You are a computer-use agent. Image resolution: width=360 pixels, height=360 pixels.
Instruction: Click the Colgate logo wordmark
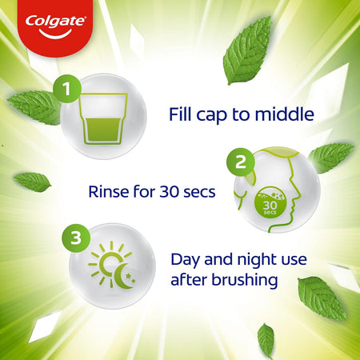point(55,22)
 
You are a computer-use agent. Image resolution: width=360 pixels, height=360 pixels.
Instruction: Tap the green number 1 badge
point(67,89)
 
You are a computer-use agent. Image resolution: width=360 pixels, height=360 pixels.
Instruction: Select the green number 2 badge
point(241,162)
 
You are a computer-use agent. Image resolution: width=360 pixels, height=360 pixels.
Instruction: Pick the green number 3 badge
point(76,238)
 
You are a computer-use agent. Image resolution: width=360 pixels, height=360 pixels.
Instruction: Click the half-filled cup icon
point(103,118)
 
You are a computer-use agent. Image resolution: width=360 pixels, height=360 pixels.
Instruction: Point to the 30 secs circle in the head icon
point(270,202)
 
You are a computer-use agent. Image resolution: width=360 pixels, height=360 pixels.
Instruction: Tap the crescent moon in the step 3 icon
point(123,276)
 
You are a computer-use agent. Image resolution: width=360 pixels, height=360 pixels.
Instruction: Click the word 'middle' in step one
point(284,114)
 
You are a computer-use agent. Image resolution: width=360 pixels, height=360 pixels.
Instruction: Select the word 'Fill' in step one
point(180,114)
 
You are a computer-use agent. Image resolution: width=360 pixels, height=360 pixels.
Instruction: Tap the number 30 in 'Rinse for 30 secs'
point(169,192)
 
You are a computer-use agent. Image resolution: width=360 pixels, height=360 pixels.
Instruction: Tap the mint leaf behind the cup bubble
point(35,106)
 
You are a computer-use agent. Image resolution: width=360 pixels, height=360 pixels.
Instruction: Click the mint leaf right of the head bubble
point(330,157)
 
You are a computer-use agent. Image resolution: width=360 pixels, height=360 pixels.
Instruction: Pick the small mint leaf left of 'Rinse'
point(32,182)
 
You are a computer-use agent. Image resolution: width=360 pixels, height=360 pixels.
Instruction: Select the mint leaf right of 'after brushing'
point(322,298)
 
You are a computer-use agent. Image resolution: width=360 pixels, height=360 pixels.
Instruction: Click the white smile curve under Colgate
point(55,34)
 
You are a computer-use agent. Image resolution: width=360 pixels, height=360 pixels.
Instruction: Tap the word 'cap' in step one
point(211,115)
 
